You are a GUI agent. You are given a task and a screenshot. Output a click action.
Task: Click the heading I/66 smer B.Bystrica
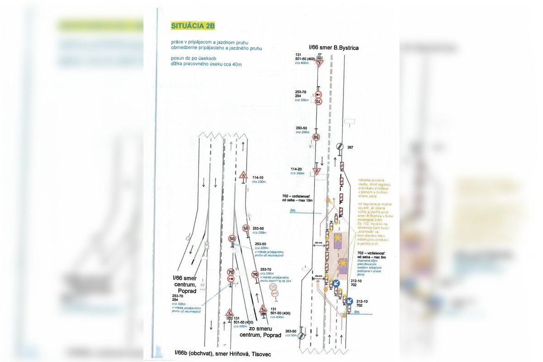click(333, 47)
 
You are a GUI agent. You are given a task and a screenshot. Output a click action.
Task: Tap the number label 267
click(350, 148)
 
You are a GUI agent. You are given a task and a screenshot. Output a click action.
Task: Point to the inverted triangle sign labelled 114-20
click(317, 171)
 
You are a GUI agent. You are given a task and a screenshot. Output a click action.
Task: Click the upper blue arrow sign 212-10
click(336, 283)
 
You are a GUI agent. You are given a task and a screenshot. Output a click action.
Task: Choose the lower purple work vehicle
click(343, 266)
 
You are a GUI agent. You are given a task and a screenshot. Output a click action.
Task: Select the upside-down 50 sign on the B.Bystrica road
click(317, 137)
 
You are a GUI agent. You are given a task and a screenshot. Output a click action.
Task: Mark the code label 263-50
click(291, 331)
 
